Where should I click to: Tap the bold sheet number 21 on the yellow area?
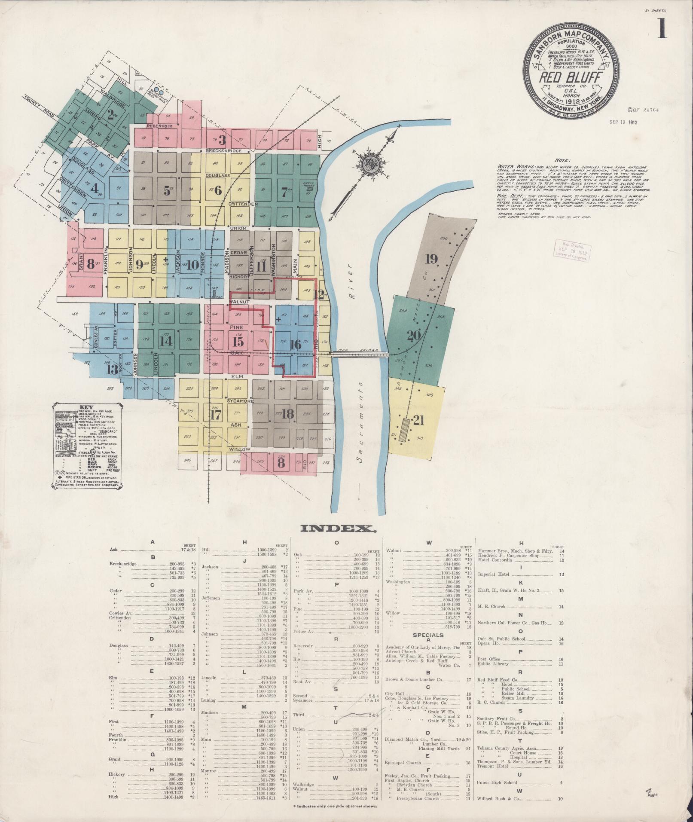coord(418,420)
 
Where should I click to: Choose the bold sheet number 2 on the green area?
coord(111,115)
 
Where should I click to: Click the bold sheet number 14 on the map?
coord(165,341)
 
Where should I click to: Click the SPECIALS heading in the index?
coord(428,634)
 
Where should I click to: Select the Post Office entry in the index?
coord(487,659)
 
